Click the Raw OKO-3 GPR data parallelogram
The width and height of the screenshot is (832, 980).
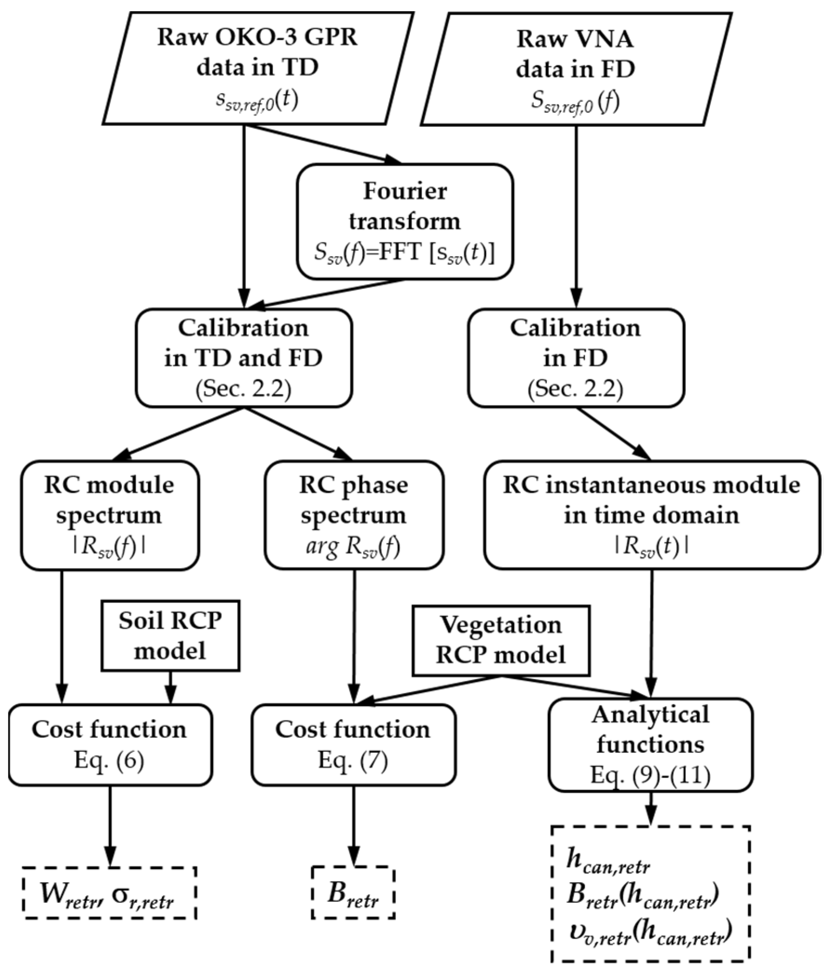(258, 68)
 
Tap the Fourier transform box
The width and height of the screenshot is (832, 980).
(405, 222)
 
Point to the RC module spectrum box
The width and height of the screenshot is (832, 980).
(109, 515)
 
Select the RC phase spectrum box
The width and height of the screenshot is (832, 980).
(354, 515)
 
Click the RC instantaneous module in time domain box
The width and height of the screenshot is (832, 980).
(651, 515)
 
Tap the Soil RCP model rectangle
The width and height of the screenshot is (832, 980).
(170, 635)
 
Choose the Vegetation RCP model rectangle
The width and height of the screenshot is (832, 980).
(500, 640)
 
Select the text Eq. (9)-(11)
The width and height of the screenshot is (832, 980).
(650, 775)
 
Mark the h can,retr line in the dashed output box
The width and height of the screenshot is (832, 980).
(608, 864)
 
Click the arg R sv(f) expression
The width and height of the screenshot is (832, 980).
(353, 547)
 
